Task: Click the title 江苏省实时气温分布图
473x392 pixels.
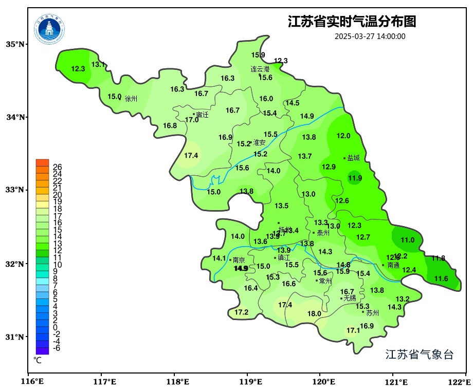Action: (352, 22)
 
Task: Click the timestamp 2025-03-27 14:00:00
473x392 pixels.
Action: (370, 36)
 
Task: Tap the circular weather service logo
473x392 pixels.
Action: (50, 29)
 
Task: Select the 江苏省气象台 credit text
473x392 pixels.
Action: (420, 354)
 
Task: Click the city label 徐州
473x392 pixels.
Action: (131, 99)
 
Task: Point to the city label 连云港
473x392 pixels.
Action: (260, 69)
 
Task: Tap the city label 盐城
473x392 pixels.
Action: (354, 158)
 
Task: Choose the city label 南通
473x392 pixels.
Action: (393, 266)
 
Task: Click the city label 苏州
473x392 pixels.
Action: (372, 312)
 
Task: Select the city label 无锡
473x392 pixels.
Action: (350, 298)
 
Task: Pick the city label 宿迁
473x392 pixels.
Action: (203, 115)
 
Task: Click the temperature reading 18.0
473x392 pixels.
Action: (314, 314)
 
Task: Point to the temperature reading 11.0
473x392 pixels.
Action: (408, 240)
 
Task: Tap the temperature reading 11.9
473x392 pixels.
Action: (355, 178)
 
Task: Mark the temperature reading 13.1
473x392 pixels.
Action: (98, 64)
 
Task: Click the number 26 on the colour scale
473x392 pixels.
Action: (58, 167)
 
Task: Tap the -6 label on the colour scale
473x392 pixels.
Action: (57, 348)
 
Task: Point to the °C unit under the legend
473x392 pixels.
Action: (38, 360)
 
